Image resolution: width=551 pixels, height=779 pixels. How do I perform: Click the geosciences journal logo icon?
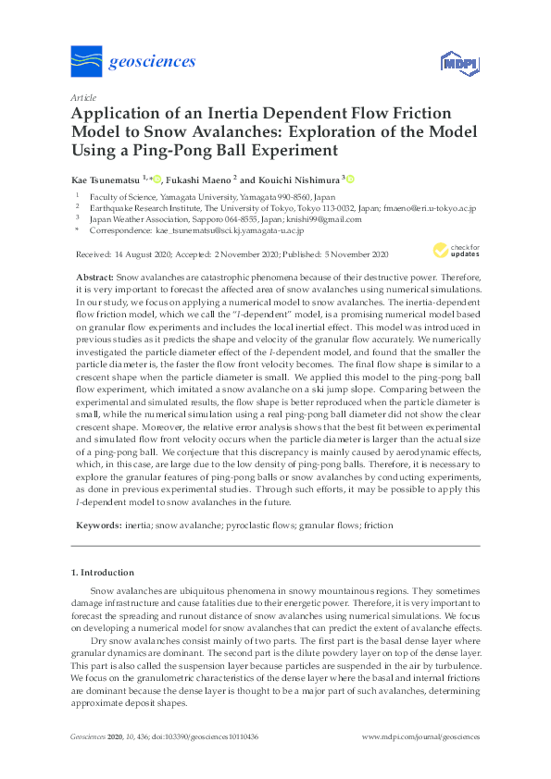click(x=87, y=62)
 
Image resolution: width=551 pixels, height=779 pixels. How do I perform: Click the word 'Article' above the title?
click(x=82, y=96)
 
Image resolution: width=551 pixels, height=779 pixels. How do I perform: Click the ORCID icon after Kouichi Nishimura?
click(x=351, y=179)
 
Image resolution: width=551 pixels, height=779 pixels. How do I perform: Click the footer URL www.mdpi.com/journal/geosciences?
click(x=420, y=736)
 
